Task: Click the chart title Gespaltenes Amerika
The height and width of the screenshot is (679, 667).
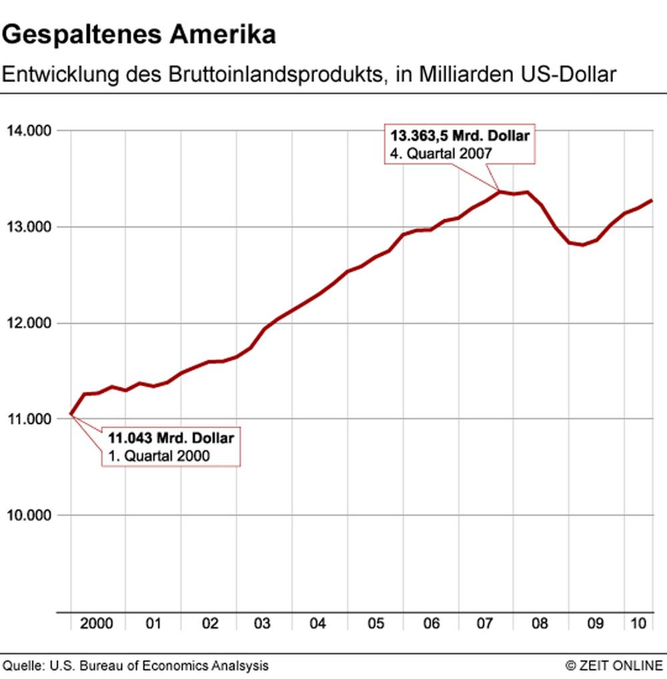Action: [x=139, y=35]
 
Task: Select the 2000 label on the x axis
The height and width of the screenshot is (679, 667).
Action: [x=96, y=624]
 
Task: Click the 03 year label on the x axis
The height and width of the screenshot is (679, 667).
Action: [x=261, y=624]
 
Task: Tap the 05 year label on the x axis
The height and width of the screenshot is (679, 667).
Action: [x=376, y=624]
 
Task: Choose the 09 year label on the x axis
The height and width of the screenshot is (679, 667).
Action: [x=595, y=624]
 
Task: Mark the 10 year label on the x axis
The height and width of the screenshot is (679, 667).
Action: [x=638, y=624]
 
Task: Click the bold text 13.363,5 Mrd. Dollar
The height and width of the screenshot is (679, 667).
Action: [x=460, y=136]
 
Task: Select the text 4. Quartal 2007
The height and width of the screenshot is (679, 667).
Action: [x=441, y=153]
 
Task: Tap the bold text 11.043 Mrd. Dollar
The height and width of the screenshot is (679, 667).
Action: [x=171, y=439]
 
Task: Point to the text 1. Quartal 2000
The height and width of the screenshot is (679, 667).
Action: [x=159, y=456]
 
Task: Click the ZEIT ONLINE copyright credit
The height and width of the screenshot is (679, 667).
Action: [x=614, y=666]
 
